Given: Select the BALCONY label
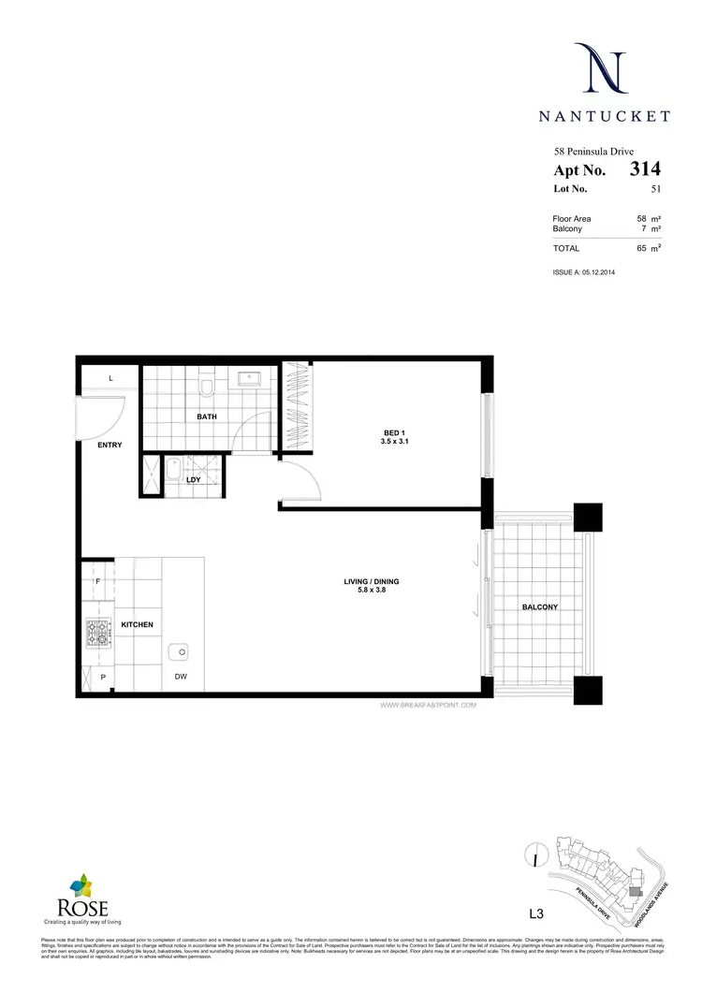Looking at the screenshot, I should [539, 607].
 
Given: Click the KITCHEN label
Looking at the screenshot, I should [137, 624].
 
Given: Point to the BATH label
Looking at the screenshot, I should [207, 416].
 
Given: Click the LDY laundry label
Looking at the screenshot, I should [194, 480].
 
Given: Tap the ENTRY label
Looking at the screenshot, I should [110, 445].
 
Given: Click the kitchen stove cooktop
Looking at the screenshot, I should [97, 635].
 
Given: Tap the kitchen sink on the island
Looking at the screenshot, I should [179, 651].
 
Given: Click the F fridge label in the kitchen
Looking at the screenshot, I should [97, 582].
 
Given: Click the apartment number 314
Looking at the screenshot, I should [645, 169].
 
